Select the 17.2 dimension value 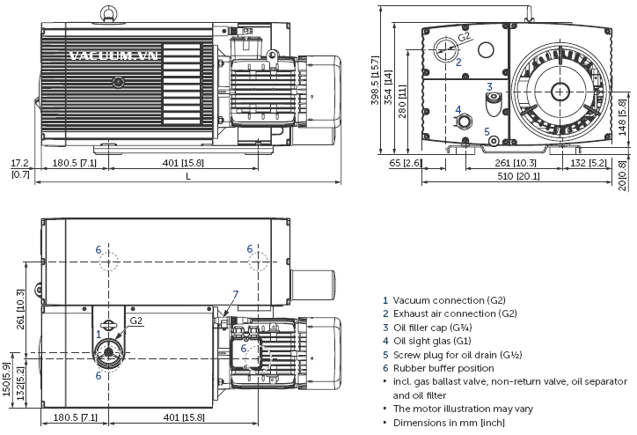[19, 164]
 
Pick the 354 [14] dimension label [388, 89]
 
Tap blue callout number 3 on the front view [489, 86]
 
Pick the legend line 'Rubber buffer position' [443, 368]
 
